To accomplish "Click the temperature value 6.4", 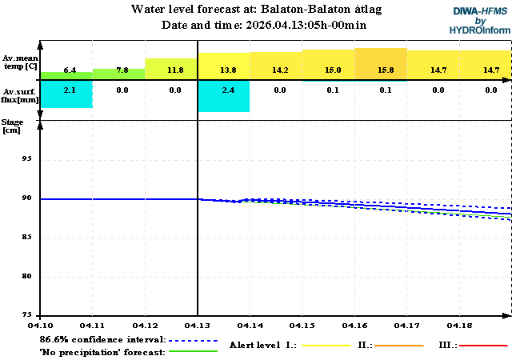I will tap(70, 70).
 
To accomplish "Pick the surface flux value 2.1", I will tap(70, 90).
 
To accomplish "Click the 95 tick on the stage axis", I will tap(26, 159).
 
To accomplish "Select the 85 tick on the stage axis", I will tap(26, 238).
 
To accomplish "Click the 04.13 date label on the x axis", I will tap(198, 326).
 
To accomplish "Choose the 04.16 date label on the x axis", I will tap(354, 326).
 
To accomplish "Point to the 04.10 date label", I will tap(41, 326).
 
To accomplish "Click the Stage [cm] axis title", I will tap(13, 126).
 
